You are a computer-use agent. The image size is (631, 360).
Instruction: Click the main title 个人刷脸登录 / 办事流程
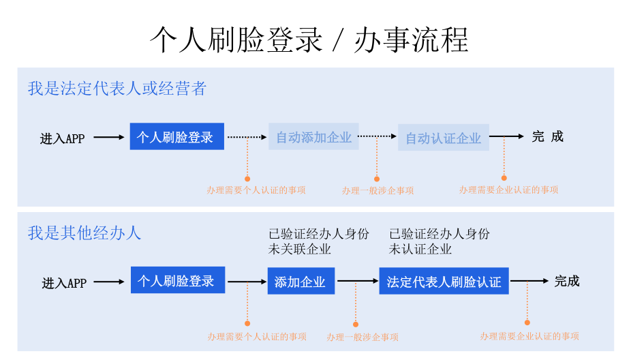[x=309, y=40]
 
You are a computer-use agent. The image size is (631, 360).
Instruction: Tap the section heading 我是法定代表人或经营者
[x=117, y=89]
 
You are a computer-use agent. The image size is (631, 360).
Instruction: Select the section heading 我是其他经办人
[x=84, y=232]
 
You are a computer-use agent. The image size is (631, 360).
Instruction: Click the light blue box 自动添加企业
[x=313, y=137]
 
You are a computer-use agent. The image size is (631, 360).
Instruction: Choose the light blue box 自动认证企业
[x=444, y=138]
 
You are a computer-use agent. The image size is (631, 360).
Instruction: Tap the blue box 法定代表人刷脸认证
[x=444, y=281]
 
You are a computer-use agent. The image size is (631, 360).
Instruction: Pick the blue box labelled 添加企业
[x=301, y=281]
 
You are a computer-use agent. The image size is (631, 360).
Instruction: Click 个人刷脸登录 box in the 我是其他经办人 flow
[x=176, y=280]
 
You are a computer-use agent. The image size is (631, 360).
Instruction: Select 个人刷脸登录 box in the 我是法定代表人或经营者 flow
[x=176, y=136]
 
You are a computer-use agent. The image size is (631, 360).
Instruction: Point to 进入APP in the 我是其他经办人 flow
[x=64, y=283]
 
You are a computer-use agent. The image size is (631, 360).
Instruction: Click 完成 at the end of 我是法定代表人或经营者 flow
[x=548, y=136]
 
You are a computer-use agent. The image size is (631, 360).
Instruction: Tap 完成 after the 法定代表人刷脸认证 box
[x=566, y=281]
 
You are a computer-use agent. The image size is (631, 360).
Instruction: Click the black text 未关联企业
[x=300, y=249]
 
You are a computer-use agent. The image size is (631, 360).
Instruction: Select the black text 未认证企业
[x=420, y=249]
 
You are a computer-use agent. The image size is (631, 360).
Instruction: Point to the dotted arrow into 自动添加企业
[x=247, y=137]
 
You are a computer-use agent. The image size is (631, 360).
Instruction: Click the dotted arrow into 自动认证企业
[x=378, y=137]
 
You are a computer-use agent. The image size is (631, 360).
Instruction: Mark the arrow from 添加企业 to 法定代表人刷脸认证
[x=357, y=281]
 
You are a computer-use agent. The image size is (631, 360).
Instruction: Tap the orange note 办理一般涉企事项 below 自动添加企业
[x=378, y=191]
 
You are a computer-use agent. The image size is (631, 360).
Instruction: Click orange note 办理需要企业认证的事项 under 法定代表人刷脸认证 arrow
[x=529, y=336]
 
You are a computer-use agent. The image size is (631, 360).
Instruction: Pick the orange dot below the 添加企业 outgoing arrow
[x=355, y=325]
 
